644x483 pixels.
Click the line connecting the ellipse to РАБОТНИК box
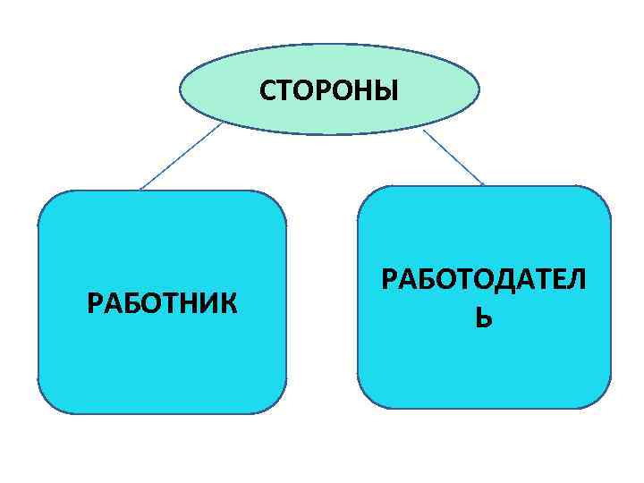[x=180, y=157]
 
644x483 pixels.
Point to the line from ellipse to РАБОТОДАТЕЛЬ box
[x=453, y=157]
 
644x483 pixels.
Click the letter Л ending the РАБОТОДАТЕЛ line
[x=578, y=281]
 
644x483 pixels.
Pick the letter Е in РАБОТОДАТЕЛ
[x=560, y=281]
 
